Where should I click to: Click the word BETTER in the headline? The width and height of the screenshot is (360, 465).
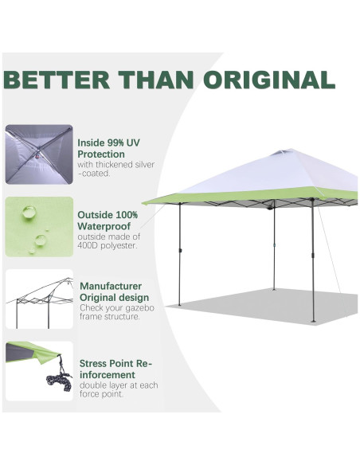[x=58, y=80]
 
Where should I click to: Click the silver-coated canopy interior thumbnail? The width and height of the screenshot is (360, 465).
[x=39, y=154]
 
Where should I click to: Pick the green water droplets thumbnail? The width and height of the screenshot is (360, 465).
[x=39, y=226]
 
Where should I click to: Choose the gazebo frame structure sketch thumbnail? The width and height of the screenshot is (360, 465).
[x=39, y=299]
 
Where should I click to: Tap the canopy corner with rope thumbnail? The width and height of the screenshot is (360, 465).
[x=39, y=371]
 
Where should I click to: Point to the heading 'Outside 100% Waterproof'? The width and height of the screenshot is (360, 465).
[x=108, y=221]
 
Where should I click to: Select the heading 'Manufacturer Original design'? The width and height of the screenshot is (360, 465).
[x=111, y=291]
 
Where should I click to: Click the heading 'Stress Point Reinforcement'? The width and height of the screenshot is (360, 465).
[x=115, y=369]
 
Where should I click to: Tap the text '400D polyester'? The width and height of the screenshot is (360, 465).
[x=108, y=245]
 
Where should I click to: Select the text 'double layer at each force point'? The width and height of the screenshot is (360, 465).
[x=119, y=389]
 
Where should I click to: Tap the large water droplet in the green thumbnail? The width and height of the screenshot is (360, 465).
[x=29, y=212]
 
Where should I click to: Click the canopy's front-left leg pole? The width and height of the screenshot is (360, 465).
[x=180, y=255]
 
